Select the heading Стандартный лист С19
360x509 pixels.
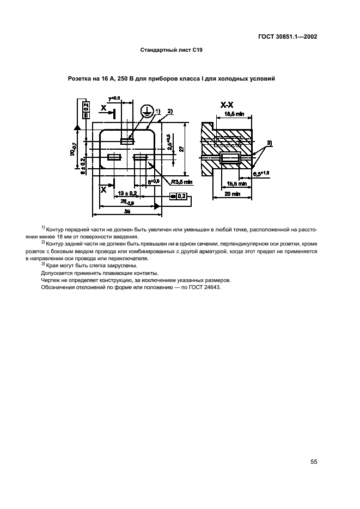tap(172, 50)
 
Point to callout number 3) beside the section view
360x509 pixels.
tap(269, 143)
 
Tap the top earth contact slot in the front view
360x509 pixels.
tap(127, 140)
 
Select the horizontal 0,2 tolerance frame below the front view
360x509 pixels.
tap(179, 196)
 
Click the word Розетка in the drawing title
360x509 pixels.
tap(80, 79)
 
